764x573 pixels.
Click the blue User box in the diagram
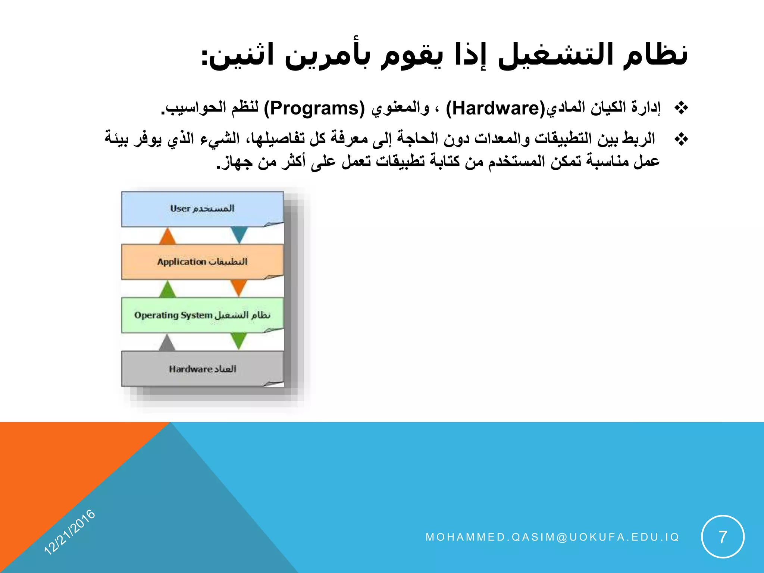click(202, 209)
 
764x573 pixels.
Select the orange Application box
click(202, 262)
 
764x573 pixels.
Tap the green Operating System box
click(202, 315)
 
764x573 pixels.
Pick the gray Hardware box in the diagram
click(202, 369)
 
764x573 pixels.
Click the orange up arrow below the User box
click(167, 237)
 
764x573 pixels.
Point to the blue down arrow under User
click(239, 234)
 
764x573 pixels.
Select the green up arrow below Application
click(167, 290)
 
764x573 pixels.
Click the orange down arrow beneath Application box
click(239, 288)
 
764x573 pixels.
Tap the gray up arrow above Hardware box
click(167, 343)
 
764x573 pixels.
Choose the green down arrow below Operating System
click(239, 341)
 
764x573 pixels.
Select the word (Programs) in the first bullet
click(314, 109)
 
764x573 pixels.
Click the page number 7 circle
click(723, 537)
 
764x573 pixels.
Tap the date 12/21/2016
click(70, 532)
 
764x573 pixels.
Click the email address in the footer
click(552, 537)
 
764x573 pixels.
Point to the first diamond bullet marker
click(681, 108)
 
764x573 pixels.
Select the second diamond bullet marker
click(681, 140)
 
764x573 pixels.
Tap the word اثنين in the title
click(242, 56)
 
